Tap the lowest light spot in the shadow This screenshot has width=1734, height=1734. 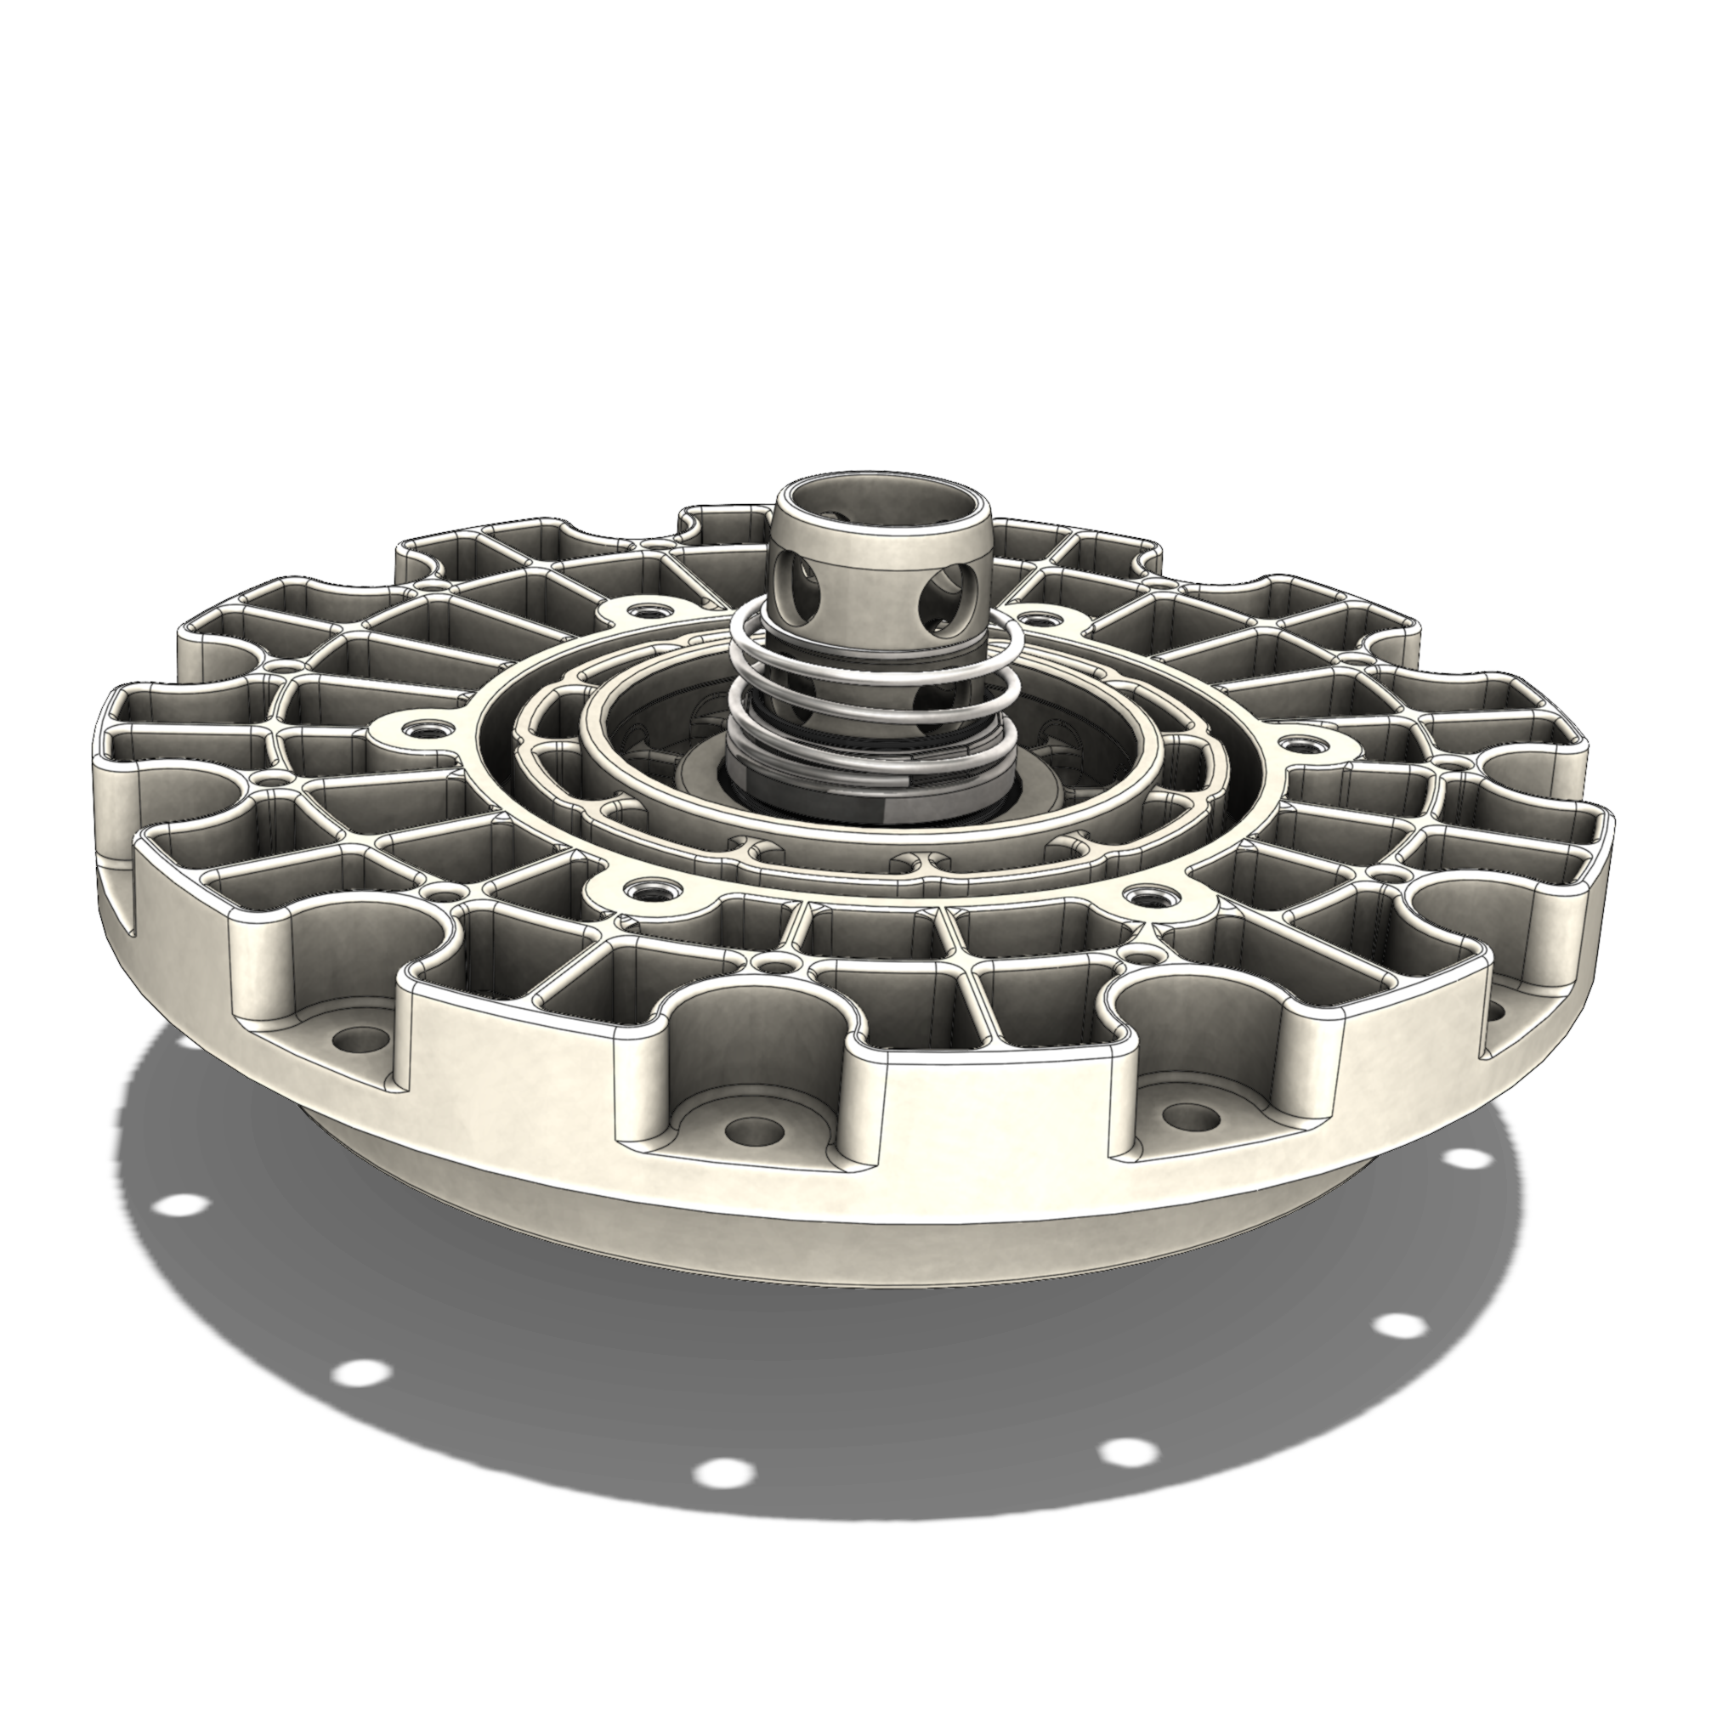[722, 1497]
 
